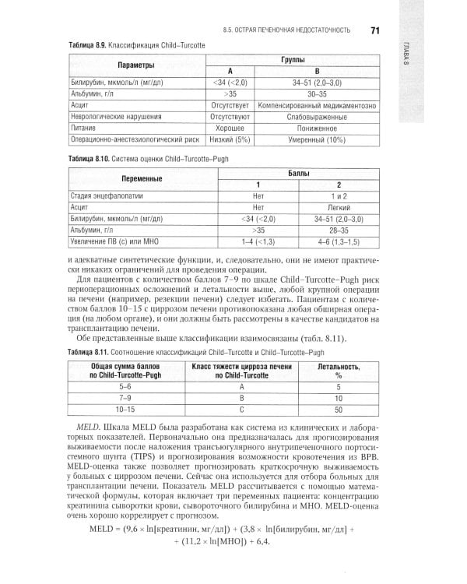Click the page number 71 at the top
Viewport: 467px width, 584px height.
tap(374, 30)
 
